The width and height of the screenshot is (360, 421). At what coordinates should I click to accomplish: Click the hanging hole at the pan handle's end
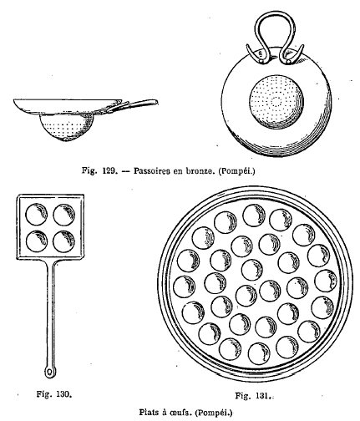click(50, 372)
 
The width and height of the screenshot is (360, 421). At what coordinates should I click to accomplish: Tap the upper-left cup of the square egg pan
click(36, 215)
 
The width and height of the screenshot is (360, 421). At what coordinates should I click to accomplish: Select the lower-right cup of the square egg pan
click(64, 241)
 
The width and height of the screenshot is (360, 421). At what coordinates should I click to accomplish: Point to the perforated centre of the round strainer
click(276, 102)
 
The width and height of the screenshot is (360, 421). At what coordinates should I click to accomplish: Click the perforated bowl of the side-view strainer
click(67, 128)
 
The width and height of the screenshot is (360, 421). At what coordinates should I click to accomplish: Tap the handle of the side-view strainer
click(132, 105)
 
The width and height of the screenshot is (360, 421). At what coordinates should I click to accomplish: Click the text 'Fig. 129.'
click(99, 170)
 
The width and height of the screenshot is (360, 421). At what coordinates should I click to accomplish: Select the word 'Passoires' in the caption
click(151, 170)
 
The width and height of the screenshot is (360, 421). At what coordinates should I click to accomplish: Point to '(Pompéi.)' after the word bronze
click(236, 171)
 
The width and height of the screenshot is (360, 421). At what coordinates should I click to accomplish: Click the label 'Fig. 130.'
click(54, 394)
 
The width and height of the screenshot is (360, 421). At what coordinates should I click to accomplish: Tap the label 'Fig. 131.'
click(253, 395)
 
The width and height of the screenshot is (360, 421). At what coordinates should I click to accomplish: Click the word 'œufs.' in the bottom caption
click(181, 412)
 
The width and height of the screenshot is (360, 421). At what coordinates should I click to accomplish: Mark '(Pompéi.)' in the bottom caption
click(214, 412)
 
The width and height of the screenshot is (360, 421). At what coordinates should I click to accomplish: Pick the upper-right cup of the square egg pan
click(64, 215)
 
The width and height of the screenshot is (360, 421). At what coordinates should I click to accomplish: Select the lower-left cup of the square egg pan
click(37, 241)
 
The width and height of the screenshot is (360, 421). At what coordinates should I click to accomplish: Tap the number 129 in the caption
click(109, 170)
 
